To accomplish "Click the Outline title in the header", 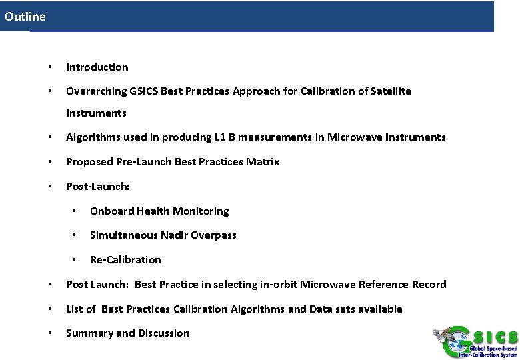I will tap(25, 17).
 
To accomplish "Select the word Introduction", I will tap(97, 67).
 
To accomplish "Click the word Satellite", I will tap(388, 91).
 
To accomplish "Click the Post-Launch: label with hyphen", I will tap(97, 187).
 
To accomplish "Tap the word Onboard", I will tap(111, 211).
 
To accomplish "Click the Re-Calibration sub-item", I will tap(125, 260).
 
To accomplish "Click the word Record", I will tap(429, 285).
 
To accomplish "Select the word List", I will tap(75, 309).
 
